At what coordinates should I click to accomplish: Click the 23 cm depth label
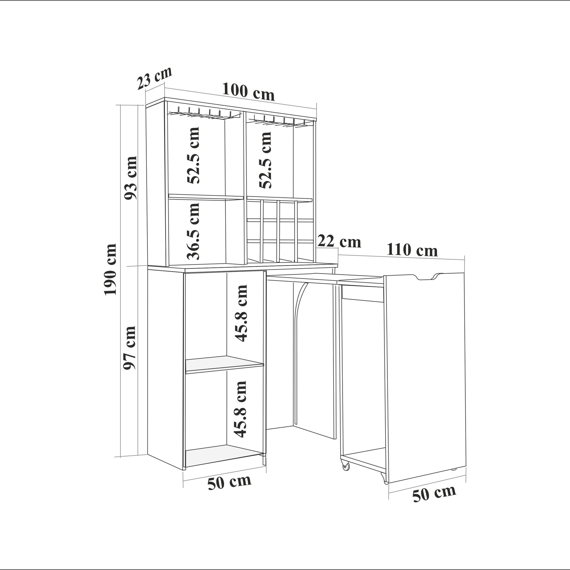coord(154,78)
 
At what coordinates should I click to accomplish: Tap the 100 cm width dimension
coord(248,91)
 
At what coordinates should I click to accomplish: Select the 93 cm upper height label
coord(130,178)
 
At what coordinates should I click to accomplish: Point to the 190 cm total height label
coord(110,269)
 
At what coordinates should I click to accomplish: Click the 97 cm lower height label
coord(129,348)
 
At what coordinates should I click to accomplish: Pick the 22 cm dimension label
coord(339,241)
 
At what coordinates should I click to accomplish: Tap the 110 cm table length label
coord(412,250)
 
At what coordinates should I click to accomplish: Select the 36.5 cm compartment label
coord(194,231)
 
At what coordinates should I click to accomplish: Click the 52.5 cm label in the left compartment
coord(194,156)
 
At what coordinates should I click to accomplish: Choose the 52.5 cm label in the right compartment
coord(265,160)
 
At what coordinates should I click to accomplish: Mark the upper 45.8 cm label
coord(240,314)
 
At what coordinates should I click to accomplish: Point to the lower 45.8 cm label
coord(240,409)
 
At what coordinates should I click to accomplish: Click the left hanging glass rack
coord(204,114)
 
